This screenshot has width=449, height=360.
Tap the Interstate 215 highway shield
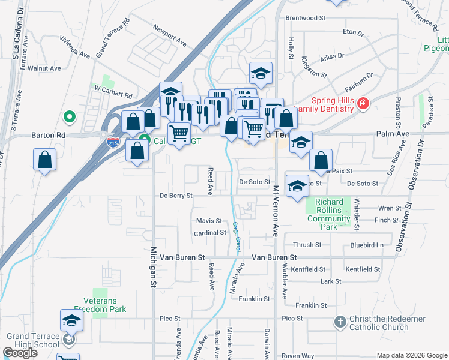[x=112, y=142]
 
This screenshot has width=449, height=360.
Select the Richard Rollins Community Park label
[x=328, y=211]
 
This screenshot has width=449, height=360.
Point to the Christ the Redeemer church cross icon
[x=340, y=322]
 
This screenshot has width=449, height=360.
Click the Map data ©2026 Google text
[x=411, y=355]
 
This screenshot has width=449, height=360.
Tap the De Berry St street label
[x=176, y=196]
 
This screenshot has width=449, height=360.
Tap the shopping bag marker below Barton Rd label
[x=45, y=160]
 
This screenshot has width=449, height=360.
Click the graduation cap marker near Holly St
[x=261, y=74]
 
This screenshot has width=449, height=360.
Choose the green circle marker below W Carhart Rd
[x=70, y=116]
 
